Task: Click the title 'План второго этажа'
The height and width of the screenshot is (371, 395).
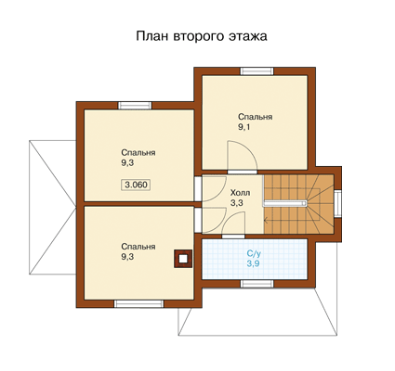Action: (202, 36)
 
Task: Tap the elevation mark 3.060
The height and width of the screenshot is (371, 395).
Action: (136, 185)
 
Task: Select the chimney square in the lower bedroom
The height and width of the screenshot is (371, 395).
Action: (183, 259)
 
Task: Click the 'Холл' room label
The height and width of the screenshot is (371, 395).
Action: (240, 193)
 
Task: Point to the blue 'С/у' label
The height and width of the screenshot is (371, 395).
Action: (254, 253)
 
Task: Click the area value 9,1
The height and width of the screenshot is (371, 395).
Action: (244, 127)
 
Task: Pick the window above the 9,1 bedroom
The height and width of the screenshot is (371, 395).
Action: (257, 70)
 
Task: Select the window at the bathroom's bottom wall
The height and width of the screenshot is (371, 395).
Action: (257, 284)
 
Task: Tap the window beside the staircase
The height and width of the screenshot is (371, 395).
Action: (337, 204)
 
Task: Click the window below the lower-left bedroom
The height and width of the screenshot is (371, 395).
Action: (139, 303)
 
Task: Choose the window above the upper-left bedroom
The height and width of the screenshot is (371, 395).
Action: (135, 105)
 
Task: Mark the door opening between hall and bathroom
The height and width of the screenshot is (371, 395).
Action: (233, 237)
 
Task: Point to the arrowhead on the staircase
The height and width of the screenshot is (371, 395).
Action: (265, 221)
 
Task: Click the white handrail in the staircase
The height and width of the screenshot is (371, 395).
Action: (285, 203)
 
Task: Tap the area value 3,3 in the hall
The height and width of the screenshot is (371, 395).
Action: (236, 203)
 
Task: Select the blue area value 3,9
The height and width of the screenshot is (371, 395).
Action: (253, 263)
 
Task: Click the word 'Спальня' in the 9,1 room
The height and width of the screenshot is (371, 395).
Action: (256, 117)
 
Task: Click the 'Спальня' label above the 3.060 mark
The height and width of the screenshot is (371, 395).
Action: (138, 153)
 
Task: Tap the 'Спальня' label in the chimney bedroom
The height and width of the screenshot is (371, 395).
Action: (138, 247)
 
